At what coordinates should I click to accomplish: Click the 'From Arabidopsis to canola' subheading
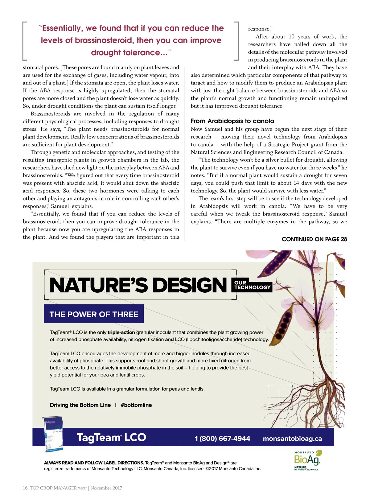[x=232, y=121]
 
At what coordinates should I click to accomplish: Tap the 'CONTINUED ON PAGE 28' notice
[x=314, y=239]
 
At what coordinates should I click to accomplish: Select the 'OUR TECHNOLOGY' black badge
[x=252, y=285]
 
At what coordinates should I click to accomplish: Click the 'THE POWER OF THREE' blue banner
[x=94, y=314]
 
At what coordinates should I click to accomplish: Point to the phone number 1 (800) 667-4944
[x=222, y=439]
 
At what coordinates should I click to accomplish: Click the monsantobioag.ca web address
[x=292, y=439]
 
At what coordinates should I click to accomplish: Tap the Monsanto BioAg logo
[x=307, y=460]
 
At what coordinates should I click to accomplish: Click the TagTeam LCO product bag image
[x=52, y=434]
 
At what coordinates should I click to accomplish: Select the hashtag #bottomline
[x=136, y=405]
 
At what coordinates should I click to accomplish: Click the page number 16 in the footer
[x=25, y=488]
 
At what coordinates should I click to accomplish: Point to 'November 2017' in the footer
[x=106, y=488]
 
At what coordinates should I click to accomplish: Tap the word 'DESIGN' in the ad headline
[x=189, y=285]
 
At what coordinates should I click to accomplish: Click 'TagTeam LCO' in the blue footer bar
[x=111, y=438]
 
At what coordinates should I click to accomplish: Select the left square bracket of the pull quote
[x=25, y=41]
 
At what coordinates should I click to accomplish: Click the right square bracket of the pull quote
[x=236, y=41]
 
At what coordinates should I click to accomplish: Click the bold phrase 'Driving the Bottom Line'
[x=80, y=405]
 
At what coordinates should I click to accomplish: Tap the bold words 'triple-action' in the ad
[x=121, y=332]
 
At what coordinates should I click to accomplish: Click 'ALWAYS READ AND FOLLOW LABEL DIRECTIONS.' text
[x=94, y=463]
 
